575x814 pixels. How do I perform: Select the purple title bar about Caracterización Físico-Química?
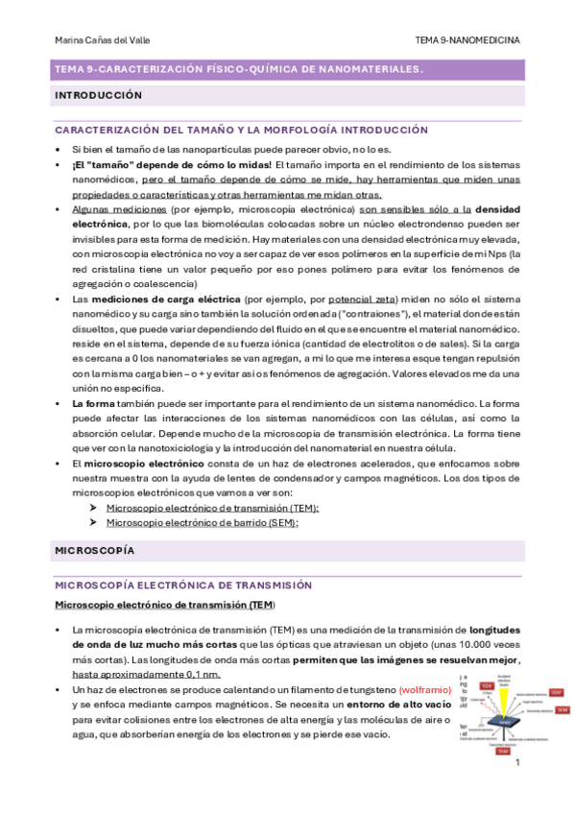pos(239,70)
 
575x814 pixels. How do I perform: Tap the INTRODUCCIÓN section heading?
pos(99,96)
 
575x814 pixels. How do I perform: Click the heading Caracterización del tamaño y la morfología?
pos(228,130)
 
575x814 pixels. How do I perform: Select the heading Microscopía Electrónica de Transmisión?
pos(184,584)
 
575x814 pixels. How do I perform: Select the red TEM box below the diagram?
pos(502,752)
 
